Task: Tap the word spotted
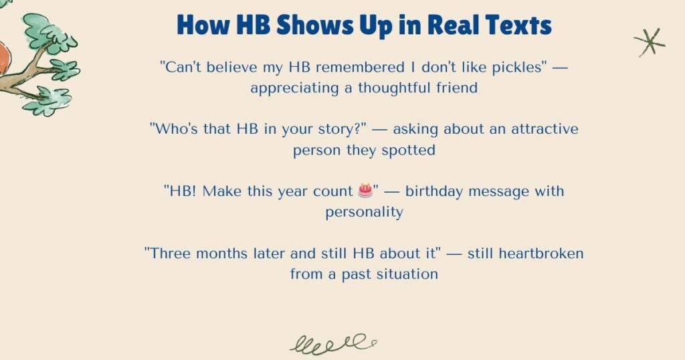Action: click(x=408, y=150)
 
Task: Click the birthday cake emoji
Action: click(x=365, y=191)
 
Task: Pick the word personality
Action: click(x=364, y=212)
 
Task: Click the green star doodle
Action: click(x=649, y=42)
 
